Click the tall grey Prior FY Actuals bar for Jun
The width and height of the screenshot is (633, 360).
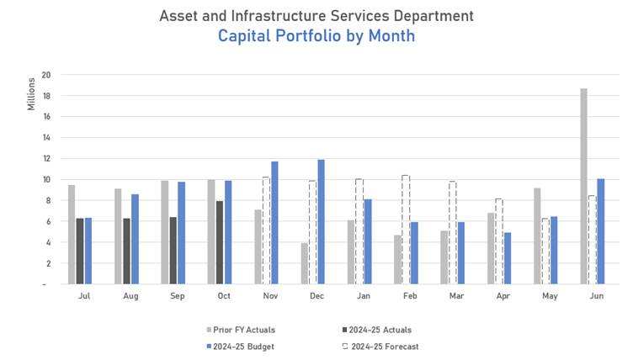(583, 186)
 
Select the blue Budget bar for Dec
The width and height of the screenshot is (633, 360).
(321, 221)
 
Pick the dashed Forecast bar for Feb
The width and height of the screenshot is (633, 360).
(406, 230)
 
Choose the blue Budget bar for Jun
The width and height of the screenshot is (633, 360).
(600, 231)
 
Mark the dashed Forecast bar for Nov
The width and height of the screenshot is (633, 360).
(266, 230)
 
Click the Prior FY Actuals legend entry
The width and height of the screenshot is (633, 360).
(240, 330)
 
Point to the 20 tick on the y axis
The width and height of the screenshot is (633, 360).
(46, 75)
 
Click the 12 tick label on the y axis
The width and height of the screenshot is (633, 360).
(46, 158)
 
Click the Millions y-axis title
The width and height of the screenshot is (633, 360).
(31, 93)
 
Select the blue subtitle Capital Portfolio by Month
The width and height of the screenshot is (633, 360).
(316, 36)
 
